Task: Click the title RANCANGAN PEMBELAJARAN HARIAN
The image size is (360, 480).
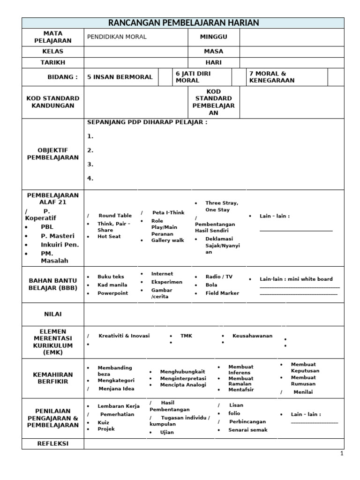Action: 183,23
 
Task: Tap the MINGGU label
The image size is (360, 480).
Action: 213,37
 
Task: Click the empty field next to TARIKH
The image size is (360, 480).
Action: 135,62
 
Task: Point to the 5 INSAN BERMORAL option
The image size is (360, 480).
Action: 120,77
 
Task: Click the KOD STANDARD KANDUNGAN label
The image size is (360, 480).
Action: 53,102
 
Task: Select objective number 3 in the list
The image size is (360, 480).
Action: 90,165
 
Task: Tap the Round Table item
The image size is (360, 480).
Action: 115,216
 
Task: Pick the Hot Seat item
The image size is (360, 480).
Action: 109,236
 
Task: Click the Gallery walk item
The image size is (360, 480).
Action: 167,240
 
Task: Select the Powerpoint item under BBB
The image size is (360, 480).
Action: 112,293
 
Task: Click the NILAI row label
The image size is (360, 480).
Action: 53,314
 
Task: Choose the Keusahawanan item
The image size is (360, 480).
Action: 252,336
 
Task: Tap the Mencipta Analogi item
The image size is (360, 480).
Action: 183,385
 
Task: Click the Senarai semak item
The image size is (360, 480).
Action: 247,429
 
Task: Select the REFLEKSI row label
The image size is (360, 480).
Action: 53,443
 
